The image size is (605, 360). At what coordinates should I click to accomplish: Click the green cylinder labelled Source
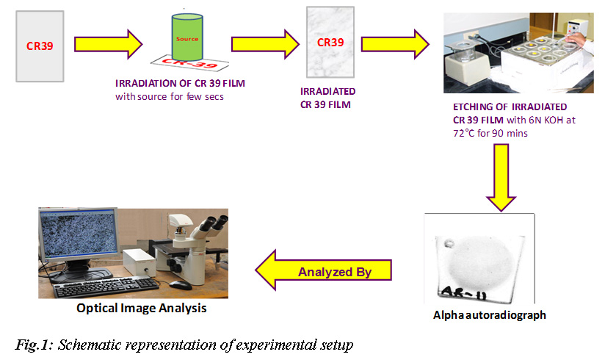pyautogui.click(x=187, y=37)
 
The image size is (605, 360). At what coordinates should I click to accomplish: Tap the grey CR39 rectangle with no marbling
pyautogui.click(x=40, y=46)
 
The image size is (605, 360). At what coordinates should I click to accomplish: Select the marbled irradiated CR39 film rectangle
pyautogui.click(x=330, y=42)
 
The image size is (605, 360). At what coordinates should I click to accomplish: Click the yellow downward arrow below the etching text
pyautogui.click(x=501, y=177)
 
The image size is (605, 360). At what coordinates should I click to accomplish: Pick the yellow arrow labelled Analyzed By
pyautogui.click(x=323, y=270)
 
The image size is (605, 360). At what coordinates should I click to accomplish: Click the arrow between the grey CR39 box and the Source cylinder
pyautogui.click(x=109, y=44)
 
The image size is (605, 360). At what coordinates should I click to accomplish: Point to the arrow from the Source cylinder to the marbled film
pyautogui.click(x=265, y=44)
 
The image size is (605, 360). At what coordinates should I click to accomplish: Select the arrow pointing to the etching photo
pyautogui.click(x=395, y=44)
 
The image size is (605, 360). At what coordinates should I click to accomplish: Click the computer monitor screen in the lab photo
pyautogui.click(x=79, y=233)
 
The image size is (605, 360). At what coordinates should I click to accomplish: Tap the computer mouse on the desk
pyautogui.click(x=181, y=285)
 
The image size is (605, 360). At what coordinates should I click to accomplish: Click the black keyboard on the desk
pyautogui.click(x=106, y=287)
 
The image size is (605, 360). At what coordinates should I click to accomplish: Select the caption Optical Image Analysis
pyautogui.click(x=142, y=309)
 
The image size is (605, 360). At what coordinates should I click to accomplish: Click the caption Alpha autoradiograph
pyautogui.click(x=489, y=315)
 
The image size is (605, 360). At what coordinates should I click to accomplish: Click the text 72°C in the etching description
pyautogui.click(x=464, y=133)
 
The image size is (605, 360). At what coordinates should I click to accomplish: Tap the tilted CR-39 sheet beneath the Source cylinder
pyautogui.click(x=189, y=62)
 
